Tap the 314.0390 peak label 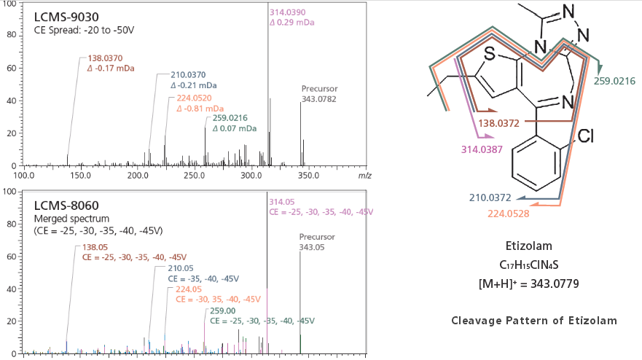click(x=289, y=14)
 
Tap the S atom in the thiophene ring click(x=490, y=54)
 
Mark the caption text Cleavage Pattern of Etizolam click(x=533, y=320)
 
